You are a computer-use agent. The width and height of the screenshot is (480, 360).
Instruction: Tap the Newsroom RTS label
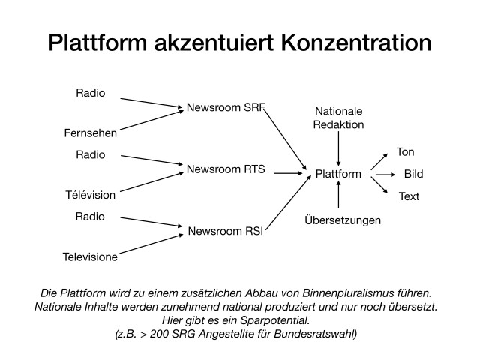coord(226,169)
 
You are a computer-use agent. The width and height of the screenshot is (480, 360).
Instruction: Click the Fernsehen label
coord(90,133)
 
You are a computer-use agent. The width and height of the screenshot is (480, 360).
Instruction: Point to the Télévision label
coord(89,195)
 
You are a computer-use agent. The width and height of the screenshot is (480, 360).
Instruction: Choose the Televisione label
coord(90,257)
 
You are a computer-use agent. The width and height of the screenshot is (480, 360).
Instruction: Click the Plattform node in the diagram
coord(338,174)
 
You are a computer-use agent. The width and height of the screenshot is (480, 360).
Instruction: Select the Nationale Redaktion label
coord(339,118)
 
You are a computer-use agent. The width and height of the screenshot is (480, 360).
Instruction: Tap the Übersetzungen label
coord(343,220)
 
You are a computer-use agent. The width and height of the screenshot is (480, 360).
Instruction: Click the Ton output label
coord(405,152)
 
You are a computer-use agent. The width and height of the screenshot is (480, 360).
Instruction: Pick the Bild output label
coord(413,174)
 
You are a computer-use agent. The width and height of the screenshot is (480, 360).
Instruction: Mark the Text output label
coord(409,196)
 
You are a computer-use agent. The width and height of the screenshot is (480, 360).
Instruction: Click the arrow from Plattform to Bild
coord(383,174)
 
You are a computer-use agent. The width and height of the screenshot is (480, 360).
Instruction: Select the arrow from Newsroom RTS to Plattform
coord(287,173)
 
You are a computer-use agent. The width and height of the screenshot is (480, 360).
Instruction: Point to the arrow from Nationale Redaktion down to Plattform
coord(339,149)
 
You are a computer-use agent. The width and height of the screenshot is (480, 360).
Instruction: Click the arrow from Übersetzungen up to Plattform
coord(339,197)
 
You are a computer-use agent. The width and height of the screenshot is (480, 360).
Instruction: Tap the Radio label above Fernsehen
coord(91,93)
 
